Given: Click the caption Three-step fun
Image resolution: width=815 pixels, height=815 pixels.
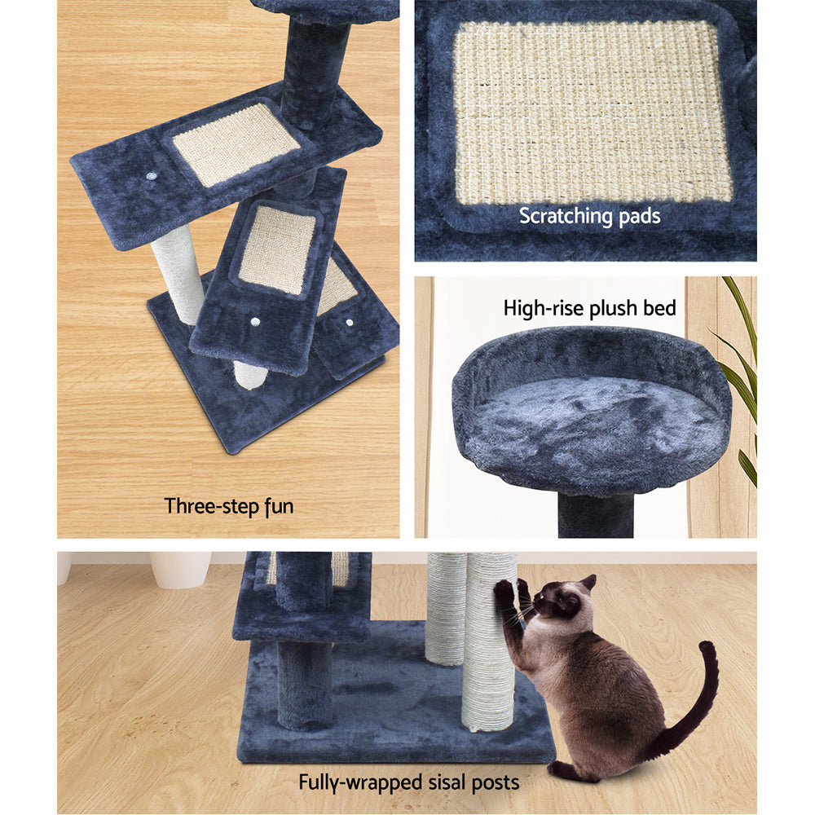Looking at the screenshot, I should (x=229, y=506).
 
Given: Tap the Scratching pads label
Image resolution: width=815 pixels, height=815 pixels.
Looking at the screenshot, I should (x=589, y=217).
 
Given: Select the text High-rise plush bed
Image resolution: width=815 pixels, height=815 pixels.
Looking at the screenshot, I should (x=589, y=308).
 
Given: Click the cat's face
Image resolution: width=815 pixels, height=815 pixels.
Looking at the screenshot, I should (x=559, y=604).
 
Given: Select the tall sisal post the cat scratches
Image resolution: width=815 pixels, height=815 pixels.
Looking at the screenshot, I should (x=489, y=652).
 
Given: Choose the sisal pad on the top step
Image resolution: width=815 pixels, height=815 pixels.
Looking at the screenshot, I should (x=236, y=143).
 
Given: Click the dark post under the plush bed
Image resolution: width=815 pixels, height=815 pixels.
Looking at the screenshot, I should (x=597, y=515).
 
